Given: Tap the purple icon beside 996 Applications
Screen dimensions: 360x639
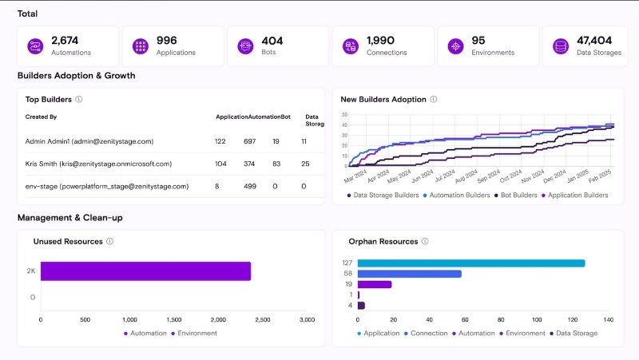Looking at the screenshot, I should (x=140, y=46).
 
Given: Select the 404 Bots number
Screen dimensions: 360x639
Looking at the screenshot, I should (x=272, y=41).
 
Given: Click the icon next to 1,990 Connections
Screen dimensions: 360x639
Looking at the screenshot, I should (x=349, y=46).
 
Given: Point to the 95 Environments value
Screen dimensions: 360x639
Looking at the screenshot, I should (x=478, y=41).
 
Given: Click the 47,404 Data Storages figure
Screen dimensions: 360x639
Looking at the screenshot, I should (x=594, y=41).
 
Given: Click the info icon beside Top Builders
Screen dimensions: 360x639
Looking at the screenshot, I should (x=79, y=100).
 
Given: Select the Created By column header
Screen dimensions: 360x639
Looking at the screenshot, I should (x=41, y=117).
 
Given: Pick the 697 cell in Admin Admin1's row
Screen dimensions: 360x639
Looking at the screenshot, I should (x=249, y=141).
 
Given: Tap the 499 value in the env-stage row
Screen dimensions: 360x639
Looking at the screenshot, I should (x=249, y=186).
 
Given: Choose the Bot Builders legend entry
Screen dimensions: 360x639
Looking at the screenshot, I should (x=518, y=195).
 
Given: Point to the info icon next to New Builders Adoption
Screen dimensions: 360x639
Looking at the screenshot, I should (x=434, y=100).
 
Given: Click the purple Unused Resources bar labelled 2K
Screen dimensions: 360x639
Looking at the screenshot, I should (x=145, y=271).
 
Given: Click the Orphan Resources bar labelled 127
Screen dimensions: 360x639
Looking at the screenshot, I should (x=471, y=263).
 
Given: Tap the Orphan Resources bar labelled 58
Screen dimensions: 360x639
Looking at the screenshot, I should (x=410, y=274).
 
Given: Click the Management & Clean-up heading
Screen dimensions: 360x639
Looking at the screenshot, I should (x=70, y=217).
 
